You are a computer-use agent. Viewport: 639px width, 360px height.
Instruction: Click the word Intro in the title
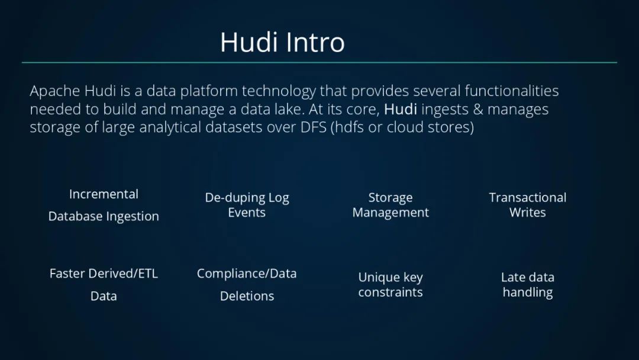click(315, 42)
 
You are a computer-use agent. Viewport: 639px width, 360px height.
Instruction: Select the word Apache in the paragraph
click(56, 91)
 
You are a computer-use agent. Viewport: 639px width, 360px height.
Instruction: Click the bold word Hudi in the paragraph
click(401, 110)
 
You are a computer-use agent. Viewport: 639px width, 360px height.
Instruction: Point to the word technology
click(278, 91)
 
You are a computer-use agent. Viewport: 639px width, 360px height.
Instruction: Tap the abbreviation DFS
click(314, 127)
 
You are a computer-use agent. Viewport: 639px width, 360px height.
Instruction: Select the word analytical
click(170, 128)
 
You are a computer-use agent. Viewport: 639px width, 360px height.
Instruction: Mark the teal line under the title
click(319, 62)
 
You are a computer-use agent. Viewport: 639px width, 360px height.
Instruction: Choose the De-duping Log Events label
click(247, 205)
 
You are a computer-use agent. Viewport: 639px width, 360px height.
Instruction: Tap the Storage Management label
click(390, 205)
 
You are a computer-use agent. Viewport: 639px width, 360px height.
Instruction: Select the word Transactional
click(527, 198)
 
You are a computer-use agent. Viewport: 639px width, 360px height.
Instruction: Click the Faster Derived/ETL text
click(104, 274)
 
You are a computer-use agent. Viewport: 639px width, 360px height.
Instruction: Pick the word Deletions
click(247, 296)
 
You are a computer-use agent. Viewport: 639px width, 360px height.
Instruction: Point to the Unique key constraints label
click(390, 285)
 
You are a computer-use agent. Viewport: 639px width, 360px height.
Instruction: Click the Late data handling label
click(527, 285)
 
